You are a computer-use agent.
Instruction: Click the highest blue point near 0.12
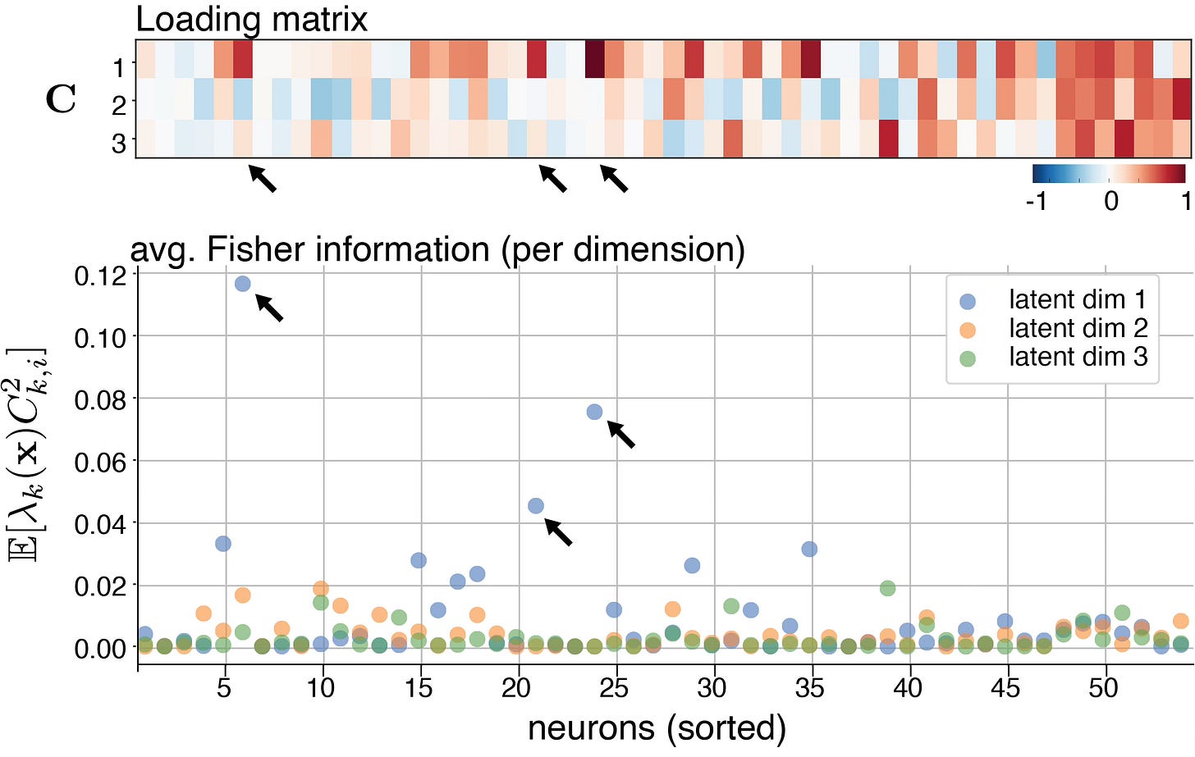tap(242, 284)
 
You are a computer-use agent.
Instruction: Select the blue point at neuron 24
tap(595, 412)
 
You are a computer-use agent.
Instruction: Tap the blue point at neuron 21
tap(536, 506)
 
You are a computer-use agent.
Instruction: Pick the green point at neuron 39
tap(887, 588)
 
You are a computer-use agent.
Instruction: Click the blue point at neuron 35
tap(809, 549)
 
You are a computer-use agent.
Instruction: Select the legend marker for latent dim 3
tap(968, 358)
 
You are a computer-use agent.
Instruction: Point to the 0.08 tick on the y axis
tap(102, 399)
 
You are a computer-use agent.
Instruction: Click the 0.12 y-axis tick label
tap(102, 276)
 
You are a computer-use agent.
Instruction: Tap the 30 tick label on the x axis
tap(712, 687)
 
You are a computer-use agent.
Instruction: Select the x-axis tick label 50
tap(1103, 687)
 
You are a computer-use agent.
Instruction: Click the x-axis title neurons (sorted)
tap(657, 727)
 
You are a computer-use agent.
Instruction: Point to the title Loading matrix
tap(251, 20)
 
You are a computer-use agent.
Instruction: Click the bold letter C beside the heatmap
tap(62, 99)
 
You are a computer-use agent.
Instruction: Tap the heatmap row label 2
tap(120, 105)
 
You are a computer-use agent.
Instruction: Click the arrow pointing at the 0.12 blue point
tap(270, 308)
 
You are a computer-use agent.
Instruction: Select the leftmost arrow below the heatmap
tap(263, 178)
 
